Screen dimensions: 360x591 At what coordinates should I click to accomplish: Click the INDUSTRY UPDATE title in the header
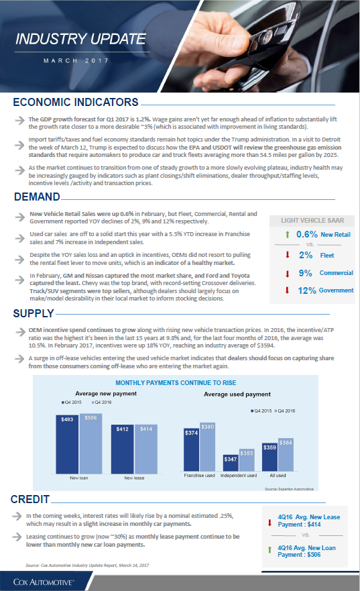pos(80,39)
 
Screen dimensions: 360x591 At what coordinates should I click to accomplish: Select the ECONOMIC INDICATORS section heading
pos(76,102)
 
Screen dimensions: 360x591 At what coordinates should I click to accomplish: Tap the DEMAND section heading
pos(37,197)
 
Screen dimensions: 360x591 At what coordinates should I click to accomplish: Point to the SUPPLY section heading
pos(34,313)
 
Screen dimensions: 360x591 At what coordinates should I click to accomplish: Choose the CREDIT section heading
pos(30,499)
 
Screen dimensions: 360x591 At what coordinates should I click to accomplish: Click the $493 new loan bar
pos(68,444)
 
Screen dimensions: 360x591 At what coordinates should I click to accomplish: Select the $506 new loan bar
pos(91,443)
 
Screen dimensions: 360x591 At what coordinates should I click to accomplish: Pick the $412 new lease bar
pos(123,449)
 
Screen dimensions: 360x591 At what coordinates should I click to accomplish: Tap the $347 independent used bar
pos(231,463)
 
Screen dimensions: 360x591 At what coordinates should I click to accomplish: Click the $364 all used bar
pos(286,455)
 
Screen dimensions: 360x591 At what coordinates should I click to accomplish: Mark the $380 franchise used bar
pos(208,447)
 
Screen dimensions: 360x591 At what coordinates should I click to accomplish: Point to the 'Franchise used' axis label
pos(199,476)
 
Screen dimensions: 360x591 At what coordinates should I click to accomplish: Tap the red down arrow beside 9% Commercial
pos(288,274)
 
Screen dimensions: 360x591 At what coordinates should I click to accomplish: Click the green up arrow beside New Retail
pos(288,234)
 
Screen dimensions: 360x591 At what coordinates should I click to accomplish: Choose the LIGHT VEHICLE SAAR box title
pos(312,221)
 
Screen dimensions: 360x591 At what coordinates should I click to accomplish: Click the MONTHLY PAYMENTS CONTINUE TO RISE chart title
pos(176,383)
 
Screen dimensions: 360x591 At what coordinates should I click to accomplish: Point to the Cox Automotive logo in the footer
pos(44,582)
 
